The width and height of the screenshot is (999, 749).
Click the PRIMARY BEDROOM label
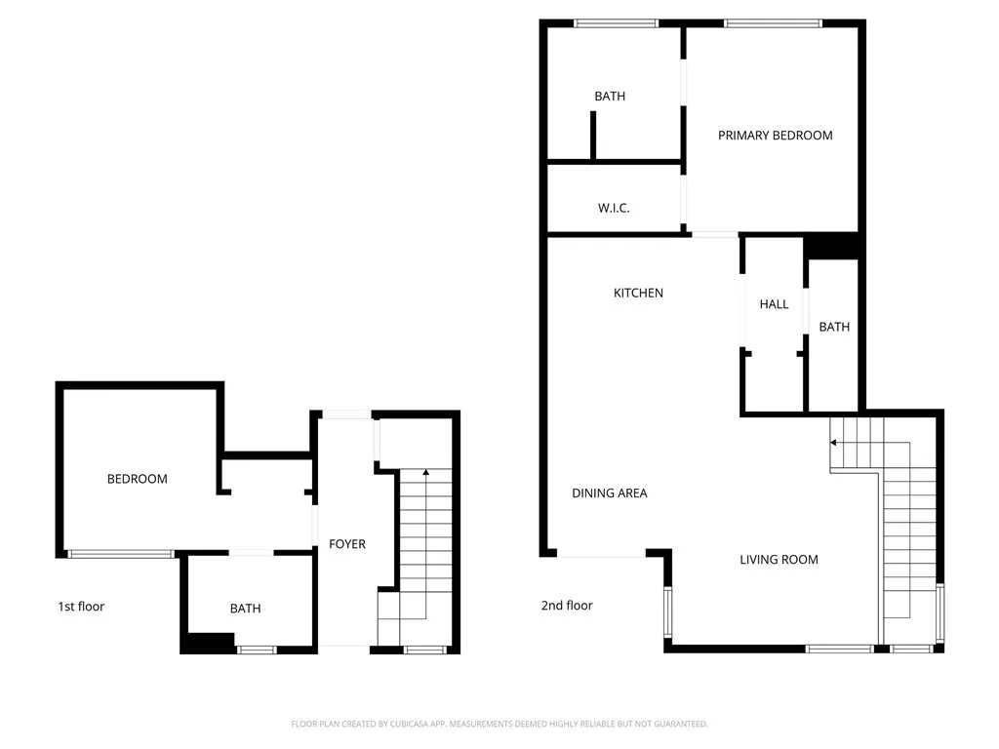click(x=776, y=136)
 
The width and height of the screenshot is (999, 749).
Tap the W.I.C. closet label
click(x=614, y=209)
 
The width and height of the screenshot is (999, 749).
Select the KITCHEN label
click(x=638, y=293)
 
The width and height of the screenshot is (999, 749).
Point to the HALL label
click(x=774, y=304)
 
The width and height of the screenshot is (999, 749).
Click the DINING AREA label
click(x=610, y=493)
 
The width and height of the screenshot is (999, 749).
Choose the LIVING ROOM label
click(x=779, y=560)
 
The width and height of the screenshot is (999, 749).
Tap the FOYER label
click(x=347, y=544)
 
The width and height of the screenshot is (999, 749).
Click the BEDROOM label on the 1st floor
click(x=138, y=479)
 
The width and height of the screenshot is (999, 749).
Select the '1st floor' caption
click(x=81, y=607)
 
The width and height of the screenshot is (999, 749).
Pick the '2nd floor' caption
click(x=567, y=606)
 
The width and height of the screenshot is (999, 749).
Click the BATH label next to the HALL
click(x=834, y=328)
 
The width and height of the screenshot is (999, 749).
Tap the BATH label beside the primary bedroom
click(x=610, y=97)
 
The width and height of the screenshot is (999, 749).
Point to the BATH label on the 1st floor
click(x=246, y=609)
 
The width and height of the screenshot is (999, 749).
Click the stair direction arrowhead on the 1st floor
click(x=425, y=473)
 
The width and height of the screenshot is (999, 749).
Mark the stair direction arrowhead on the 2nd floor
click(x=834, y=442)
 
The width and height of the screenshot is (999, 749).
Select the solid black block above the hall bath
click(x=832, y=246)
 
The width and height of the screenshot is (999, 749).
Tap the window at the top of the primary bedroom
click(x=774, y=23)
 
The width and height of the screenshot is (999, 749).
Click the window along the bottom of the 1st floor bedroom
click(x=121, y=554)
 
